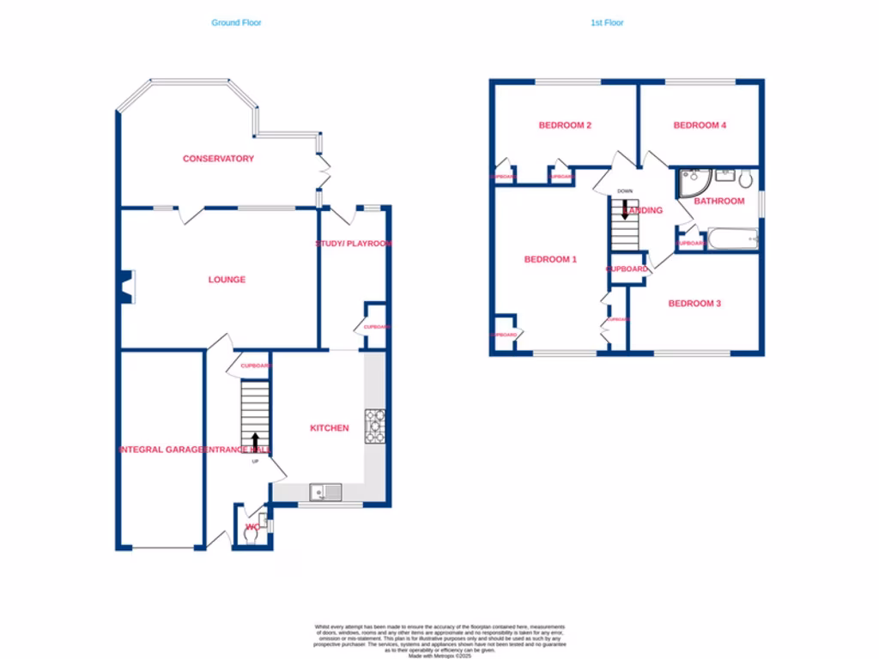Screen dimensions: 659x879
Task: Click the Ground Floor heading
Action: click(236, 23)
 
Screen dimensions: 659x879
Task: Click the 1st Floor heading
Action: click(607, 23)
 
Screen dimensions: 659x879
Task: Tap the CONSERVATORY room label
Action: click(218, 159)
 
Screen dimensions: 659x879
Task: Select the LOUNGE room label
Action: click(227, 280)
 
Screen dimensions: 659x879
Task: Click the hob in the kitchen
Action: click(375, 426)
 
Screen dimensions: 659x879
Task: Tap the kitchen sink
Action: click(325, 492)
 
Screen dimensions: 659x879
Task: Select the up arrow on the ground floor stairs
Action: click(255, 441)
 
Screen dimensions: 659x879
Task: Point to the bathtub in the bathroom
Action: click(731, 239)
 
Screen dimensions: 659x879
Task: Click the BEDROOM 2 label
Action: click(565, 125)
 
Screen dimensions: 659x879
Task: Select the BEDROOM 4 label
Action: click(700, 125)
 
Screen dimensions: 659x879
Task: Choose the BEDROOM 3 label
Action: click(694, 304)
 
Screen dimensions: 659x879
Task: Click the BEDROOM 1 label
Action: click(550, 259)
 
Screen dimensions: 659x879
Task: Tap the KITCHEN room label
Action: click(329, 428)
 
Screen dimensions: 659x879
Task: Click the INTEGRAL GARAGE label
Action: click(161, 450)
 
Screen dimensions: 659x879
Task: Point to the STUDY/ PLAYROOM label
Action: click(354, 244)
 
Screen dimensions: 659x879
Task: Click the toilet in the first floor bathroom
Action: click(745, 178)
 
